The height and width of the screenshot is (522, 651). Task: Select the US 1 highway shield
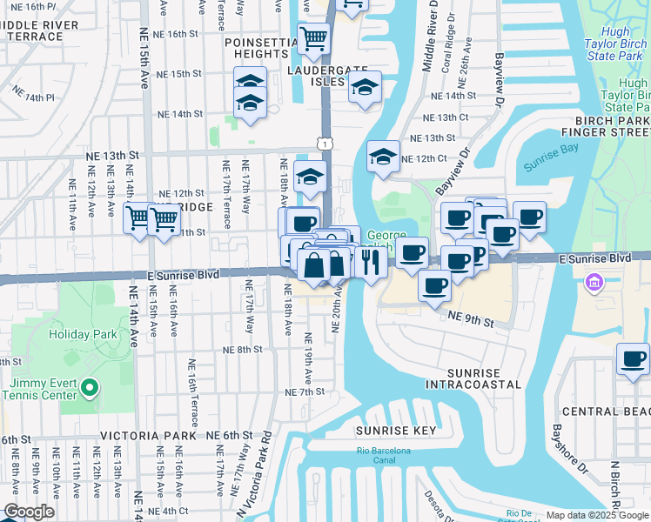point(325,142)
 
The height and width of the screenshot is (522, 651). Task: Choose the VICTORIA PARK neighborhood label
point(138,434)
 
